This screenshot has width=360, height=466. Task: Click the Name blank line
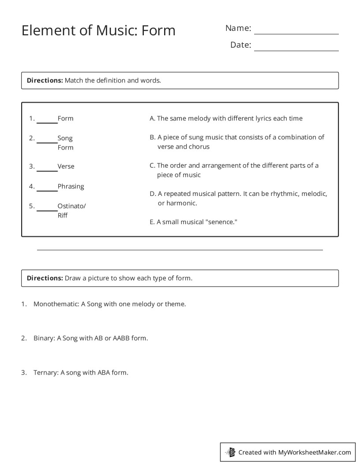(296, 33)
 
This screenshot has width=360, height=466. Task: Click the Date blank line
(296, 50)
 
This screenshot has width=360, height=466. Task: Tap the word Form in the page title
(158, 30)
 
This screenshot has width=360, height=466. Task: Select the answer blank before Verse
(47, 170)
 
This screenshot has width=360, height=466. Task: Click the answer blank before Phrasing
(47, 190)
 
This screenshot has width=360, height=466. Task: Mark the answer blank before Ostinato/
(47, 210)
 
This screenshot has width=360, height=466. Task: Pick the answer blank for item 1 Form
(47, 122)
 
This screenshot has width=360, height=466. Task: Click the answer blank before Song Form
(47, 142)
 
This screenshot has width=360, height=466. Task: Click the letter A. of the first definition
(153, 118)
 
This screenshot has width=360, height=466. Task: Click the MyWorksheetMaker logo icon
(231, 452)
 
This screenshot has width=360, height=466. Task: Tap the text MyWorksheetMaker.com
(315, 452)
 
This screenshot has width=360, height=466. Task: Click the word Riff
(63, 216)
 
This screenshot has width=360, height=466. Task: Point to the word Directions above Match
(45, 80)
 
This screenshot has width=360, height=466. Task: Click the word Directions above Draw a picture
(45, 278)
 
